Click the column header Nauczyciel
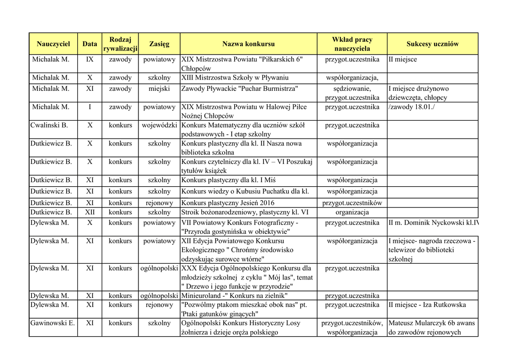tap(53, 44)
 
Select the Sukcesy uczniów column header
tap(432, 44)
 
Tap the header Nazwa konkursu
tap(248, 44)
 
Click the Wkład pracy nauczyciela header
tap(352, 44)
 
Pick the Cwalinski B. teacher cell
tap(49, 126)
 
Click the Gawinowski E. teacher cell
tap(53, 323)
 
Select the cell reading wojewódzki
tap(159, 126)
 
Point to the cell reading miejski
tap(159, 89)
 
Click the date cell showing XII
tap(90, 212)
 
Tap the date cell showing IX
tap(90, 60)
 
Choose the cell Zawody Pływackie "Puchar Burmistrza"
tap(240, 89)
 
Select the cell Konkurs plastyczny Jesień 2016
tap(228, 203)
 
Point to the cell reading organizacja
tap(352, 212)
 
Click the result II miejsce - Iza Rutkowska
tap(427, 305)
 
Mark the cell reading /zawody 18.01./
tap(411, 107)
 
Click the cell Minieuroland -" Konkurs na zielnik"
tap(235, 296)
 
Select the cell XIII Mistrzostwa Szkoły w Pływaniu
tap(235, 78)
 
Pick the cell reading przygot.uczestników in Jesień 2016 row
tap(352, 203)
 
